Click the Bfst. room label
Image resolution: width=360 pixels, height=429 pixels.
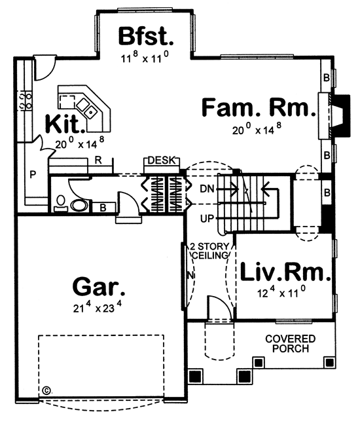pyautogui.click(x=146, y=36)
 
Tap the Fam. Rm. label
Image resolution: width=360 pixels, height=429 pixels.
pyautogui.click(x=259, y=107)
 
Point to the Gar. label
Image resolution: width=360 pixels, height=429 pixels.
pyautogui.click(x=99, y=286)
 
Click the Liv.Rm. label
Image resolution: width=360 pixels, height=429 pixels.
pyautogui.click(x=285, y=272)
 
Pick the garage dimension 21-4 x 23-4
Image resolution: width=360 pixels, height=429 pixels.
pyautogui.click(x=97, y=307)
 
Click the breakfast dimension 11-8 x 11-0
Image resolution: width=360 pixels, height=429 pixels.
pyautogui.click(x=145, y=57)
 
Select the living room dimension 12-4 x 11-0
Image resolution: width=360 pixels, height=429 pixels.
pyautogui.click(x=281, y=292)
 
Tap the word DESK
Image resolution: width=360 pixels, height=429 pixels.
pyautogui.click(x=161, y=160)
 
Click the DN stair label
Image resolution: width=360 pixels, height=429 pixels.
pyautogui.click(x=207, y=189)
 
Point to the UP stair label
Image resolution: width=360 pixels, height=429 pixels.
pyautogui.click(x=207, y=219)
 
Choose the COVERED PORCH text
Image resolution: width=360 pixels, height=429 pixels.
pyautogui.click(x=291, y=344)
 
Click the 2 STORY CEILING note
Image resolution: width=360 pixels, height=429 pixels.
pyautogui.click(x=210, y=251)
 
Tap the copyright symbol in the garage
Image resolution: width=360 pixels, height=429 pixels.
pyautogui.click(x=46, y=390)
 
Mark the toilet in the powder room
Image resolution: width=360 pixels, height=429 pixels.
pyautogui.click(x=61, y=203)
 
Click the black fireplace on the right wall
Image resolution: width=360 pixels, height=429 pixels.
pyautogui.click(x=340, y=116)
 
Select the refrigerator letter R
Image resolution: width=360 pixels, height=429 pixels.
pyautogui.click(x=98, y=160)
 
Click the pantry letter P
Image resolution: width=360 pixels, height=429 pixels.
pyautogui.click(x=33, y=175)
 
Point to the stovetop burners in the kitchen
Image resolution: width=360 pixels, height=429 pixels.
pyautogui.click(x=25, y=101)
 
